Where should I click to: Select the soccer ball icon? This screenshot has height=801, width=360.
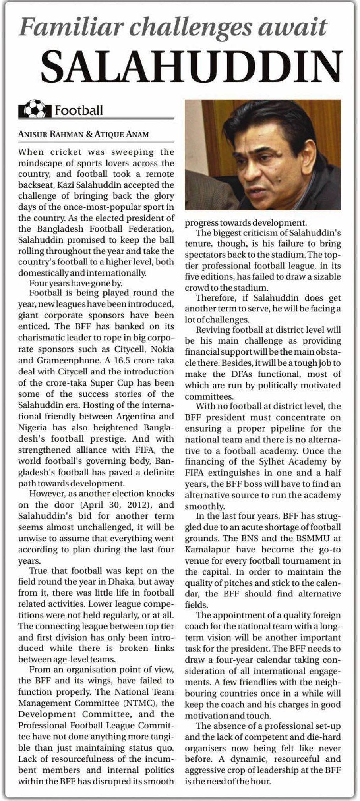pos(35,109)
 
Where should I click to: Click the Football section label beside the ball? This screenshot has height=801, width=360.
pos(79,110)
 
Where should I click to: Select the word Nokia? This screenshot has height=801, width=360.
pos(159,349)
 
